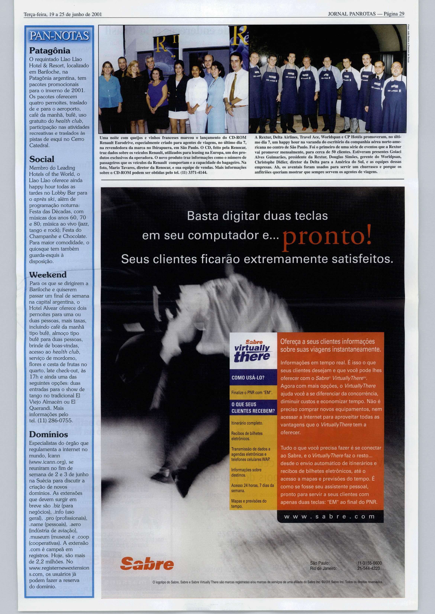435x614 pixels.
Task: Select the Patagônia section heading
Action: pyautogui.click(x=50, y=51)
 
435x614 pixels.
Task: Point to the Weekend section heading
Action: pyautogui.click(x=48, y=275)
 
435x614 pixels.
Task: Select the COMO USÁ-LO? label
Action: pyautogui.click(x=248, y=378)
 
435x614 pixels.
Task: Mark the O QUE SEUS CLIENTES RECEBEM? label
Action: pyautogui.click(x=253, y=408)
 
